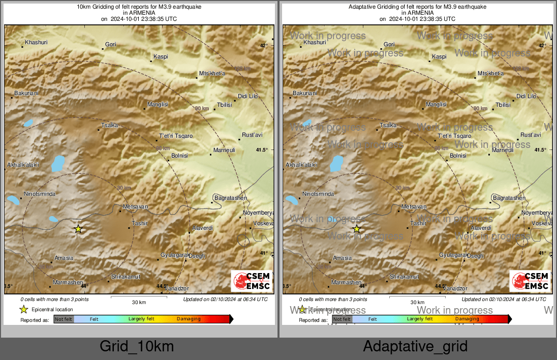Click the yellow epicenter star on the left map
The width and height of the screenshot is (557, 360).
point(78,229)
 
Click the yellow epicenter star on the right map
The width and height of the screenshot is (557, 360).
point(357,229)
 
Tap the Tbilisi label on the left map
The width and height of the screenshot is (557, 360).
point(224,105)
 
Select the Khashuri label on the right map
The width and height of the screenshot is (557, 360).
point(314,42)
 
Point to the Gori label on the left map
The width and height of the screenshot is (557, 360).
point(111,45)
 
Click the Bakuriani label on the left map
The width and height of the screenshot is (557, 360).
point(26,93)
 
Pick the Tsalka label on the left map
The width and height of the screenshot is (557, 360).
point(110,125)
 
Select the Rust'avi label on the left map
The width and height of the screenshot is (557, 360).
point(252,135)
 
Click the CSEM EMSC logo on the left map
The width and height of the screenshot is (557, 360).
point(252,281)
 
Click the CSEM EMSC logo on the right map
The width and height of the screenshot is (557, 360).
point(530,281)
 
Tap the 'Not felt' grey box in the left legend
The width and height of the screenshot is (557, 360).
point(64,319)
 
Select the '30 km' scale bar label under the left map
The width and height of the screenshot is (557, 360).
point(139,302)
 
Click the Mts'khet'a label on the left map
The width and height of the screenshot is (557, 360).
point(212,74)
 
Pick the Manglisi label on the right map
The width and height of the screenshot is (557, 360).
point(436,104)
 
